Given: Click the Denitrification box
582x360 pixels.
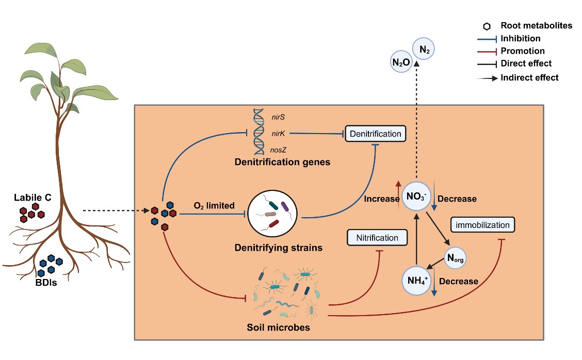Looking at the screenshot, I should point(375,134).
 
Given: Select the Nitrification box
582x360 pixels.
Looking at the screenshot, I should point(377,238).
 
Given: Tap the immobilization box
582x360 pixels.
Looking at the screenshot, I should point(482,225).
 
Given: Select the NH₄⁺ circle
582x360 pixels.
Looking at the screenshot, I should point(416,281).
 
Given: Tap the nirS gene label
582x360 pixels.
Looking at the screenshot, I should point(279,117).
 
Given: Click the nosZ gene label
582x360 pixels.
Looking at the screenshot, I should point(279,150).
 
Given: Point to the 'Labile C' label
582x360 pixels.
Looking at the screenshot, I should point(32,198).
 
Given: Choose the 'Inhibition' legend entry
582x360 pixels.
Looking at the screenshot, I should point(520,39).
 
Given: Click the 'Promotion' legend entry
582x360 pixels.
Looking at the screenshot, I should point(522,51).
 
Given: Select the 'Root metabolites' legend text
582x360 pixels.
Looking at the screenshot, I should point(536,26).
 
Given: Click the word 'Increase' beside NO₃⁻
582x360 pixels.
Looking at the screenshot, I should point(379,198).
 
